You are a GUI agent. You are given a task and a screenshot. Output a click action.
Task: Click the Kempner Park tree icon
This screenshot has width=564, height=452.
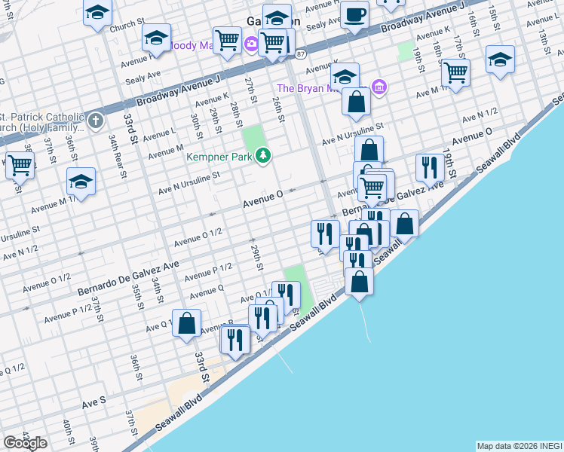click(x=263, y=156)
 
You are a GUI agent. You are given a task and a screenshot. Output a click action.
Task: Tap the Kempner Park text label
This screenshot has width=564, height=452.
click(x=221, y=157)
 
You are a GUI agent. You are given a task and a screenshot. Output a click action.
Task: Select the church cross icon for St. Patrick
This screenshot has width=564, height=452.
click(x=95, y=121)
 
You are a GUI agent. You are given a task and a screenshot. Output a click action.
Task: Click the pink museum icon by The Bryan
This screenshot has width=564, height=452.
click(x=379, y=88)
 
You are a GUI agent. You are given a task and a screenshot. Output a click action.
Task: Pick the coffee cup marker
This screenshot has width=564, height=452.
click(x=354, y=14)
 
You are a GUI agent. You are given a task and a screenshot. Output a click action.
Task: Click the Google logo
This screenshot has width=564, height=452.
click(x=25, y=443)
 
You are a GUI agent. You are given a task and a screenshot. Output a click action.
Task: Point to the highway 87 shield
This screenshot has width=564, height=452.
click(x=301, y=55)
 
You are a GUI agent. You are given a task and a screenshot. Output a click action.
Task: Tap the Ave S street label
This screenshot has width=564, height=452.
click(x=94, y=403)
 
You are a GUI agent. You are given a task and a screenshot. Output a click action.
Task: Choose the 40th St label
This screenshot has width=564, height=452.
click(x=68, y=432)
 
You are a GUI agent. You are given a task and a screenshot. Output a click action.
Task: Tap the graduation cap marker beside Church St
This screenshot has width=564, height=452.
click(x=97, y=14)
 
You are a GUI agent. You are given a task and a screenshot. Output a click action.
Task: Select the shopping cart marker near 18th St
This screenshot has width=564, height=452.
click(x=455, y=72)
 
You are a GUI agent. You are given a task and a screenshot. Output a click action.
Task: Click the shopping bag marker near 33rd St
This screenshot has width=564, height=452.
click(x=186, y=323)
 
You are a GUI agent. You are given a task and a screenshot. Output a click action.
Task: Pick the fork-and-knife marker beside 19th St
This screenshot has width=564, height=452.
click(x=430, y=168)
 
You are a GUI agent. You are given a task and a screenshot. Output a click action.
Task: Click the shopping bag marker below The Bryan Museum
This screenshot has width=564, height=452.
click(x=355, y=101)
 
